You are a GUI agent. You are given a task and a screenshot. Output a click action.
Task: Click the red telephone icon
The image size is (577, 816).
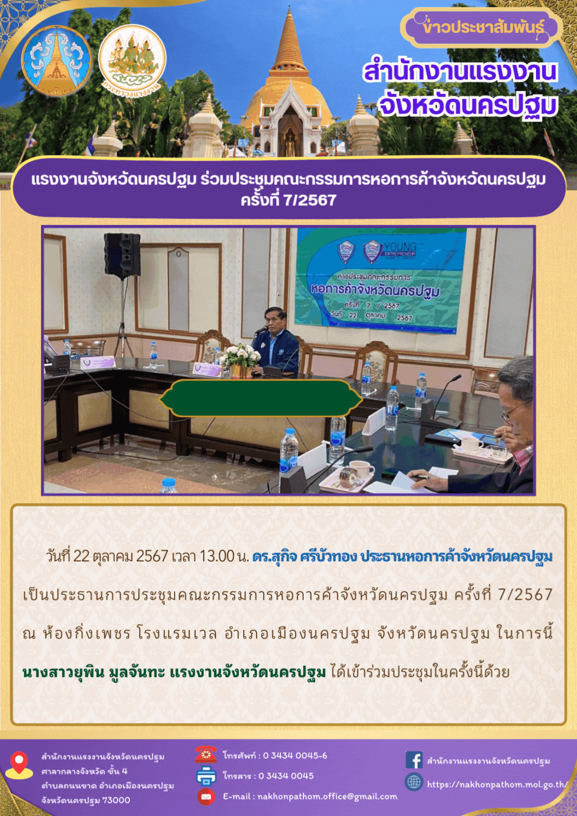[206, 754]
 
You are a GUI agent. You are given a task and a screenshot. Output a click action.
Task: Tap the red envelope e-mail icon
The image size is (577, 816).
[206, 797]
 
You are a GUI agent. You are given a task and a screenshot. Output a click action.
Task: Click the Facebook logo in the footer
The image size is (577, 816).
[414, 760]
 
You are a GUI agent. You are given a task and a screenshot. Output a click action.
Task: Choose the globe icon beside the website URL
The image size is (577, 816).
[414, 782]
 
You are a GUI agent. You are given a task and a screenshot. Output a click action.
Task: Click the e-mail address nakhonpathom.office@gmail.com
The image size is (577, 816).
[327, 797]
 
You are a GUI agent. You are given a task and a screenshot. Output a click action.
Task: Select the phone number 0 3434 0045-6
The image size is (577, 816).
[294, 756]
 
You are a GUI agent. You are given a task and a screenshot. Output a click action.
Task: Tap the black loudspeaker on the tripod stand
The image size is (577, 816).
[122, 255]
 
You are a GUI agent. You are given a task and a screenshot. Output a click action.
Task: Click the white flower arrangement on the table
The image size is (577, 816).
[240, 355]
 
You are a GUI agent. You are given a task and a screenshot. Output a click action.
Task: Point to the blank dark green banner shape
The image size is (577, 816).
[260, 398]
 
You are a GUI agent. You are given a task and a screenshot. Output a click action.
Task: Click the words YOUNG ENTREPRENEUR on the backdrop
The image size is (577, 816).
[400, 250]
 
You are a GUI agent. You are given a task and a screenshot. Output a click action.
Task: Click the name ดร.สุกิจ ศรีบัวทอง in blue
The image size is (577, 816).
[304, 556]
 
